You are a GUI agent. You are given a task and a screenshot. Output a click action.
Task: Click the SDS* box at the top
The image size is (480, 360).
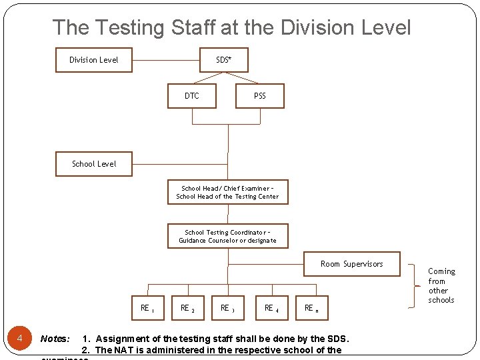point(224,60)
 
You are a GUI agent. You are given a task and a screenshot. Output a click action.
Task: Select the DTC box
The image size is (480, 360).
point(192,96)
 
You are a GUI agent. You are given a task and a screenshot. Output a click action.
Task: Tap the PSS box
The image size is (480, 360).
point(260,96)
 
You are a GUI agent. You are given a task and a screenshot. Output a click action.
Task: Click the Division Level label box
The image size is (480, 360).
point(94,60)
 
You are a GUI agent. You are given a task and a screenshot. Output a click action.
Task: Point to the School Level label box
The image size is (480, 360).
point(94,164)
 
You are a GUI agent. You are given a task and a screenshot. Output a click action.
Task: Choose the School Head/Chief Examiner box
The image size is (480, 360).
point(227,193)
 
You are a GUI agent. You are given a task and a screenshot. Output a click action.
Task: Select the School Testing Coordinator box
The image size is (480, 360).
point(227,237)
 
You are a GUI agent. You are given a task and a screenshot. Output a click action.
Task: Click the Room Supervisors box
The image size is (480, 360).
point(352,264)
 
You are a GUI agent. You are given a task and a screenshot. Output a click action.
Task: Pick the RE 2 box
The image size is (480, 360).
point(188,308)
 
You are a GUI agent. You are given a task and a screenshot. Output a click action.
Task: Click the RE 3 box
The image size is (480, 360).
point(228,308)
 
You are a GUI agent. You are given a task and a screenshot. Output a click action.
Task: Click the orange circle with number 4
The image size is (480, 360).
point(20,339)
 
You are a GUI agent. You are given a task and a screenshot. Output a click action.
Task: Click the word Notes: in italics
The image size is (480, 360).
point(55,339)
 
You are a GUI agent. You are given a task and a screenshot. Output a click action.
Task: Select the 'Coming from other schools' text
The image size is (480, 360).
point(441,285)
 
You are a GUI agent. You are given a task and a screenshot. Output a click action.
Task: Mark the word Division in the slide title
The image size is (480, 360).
point(325,28)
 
